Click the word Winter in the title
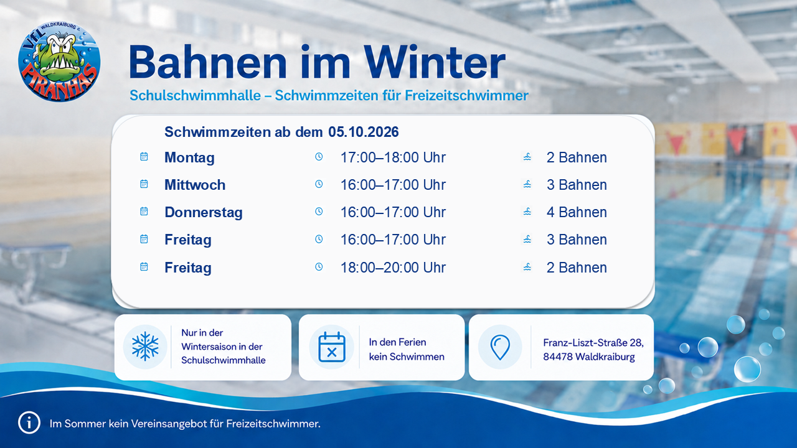(435, 62)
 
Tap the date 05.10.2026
(363, 132)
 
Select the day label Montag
(189, 158)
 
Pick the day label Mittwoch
(195, 185)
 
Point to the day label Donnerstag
(204, 212)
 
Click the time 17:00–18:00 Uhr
(393, 157)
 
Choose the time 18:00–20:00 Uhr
(393, 268)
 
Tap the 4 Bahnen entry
(577, 212)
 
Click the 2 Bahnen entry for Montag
(577, 157)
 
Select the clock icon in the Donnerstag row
(319, 212)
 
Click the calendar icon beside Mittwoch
(144, 184)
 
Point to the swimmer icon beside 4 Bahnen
(527, 212)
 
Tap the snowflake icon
(145, 347)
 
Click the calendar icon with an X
(332, 347)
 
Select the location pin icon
(500, 347)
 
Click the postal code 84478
(557, 357)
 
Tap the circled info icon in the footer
(29, 422)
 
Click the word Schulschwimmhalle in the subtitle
(195, 95)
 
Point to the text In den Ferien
(397, 342)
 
